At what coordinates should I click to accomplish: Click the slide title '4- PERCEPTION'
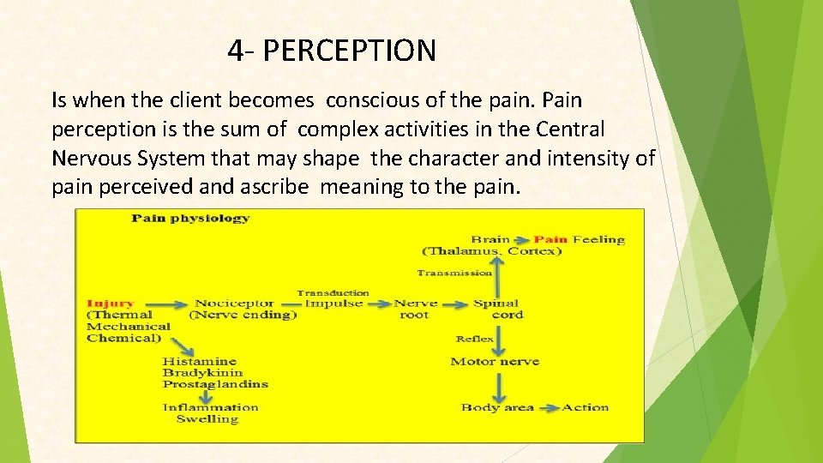tap(332, 51)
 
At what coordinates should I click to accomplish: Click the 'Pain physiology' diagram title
tap(190, 218)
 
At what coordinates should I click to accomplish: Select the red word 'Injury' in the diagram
tap(111, 304)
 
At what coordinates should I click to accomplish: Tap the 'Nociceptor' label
tap(234, 304)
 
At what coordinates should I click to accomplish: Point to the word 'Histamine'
tap(200, 362)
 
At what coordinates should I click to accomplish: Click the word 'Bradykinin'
tap(203, 373)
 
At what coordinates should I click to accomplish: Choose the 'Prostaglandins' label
tap(215, 384)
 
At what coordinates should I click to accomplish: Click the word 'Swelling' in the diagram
tap(207, 419)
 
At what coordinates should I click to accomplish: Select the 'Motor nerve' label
tap(495, 362)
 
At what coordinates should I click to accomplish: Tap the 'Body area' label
tap(497, 408)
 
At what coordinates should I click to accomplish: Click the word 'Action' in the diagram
tap(585, 408)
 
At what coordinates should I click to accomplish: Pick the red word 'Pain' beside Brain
tap(550, 239)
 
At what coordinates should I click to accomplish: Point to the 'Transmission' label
tap(454, 273)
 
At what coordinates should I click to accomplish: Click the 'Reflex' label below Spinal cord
tap(474, 340)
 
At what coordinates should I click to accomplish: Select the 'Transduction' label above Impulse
tap(333, 292)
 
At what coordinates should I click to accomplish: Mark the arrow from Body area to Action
tap(549, 408)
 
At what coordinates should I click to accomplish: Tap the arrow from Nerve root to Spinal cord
tap(455, 304)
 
